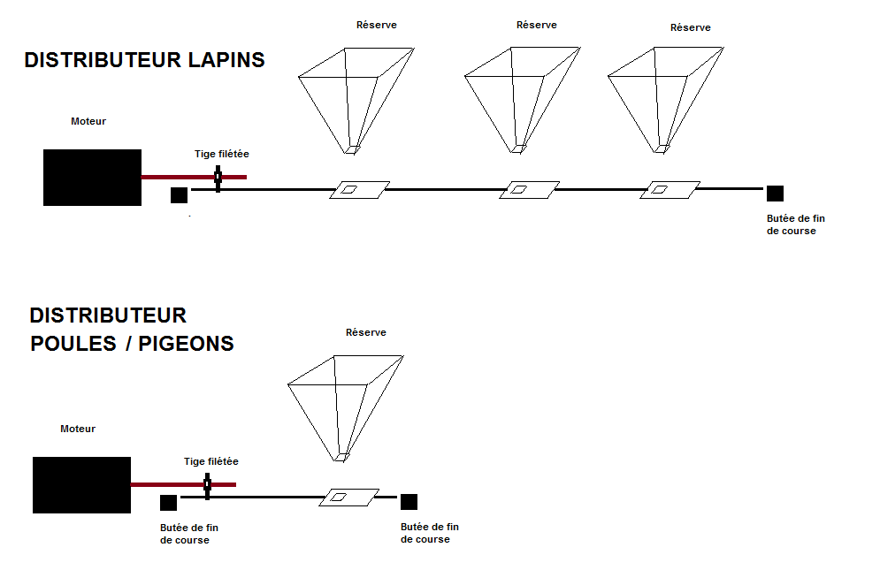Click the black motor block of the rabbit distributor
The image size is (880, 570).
coord(92,178)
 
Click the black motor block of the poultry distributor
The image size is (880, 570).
coord(81,485)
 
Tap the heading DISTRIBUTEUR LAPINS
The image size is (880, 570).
coord(144,60)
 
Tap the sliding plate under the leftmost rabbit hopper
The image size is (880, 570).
coord(359,189)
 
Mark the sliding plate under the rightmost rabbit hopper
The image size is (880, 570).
coord(670,188)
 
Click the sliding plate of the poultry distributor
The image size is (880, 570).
coord(348,497)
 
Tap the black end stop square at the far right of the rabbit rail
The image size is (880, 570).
coord(775,194)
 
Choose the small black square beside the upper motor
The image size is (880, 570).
coord(178,195)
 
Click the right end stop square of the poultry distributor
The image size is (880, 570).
coord(409,502)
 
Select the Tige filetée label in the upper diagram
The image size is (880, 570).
coord(222,154)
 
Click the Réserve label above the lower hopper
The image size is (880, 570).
coord(366,332)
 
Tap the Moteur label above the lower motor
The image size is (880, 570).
coord(78,429)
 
